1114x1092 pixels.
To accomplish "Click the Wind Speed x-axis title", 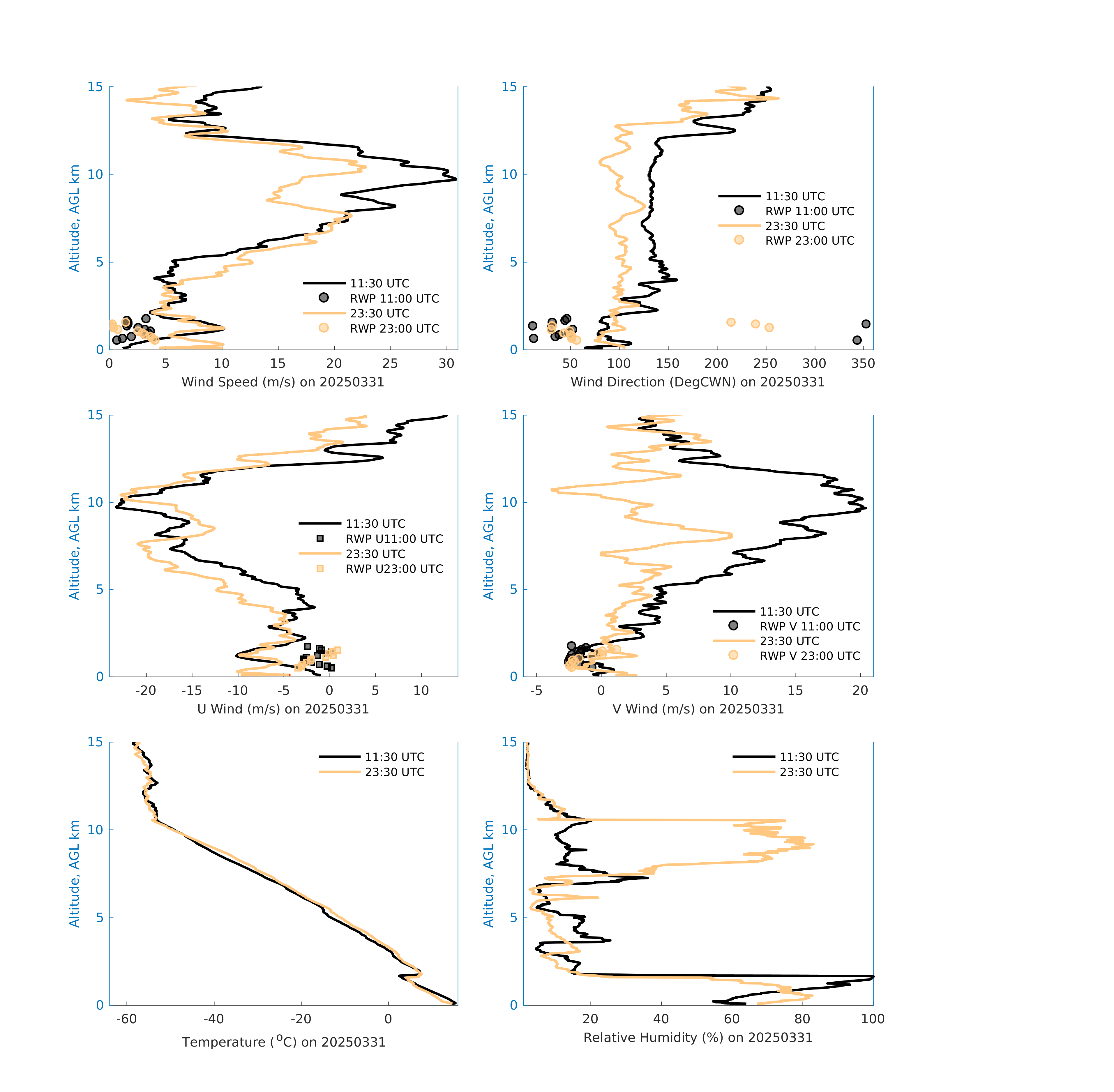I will [283, 382].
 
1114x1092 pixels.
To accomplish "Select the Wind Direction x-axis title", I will [698, 382].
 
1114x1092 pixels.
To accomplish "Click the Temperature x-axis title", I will [283, 1042].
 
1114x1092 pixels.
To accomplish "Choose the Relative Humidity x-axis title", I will [698, 1038].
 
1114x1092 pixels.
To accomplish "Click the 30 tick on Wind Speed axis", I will [446, 364].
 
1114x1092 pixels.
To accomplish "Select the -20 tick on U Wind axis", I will [146, 690].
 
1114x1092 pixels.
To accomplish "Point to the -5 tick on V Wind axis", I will [536, 690].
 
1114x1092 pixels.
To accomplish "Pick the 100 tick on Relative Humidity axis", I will [873, 1019].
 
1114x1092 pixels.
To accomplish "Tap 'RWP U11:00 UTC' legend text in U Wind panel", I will [394, 539].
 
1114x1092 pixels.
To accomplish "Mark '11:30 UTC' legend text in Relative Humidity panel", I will [809, 757].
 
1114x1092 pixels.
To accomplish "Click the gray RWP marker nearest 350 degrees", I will [866, 324].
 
